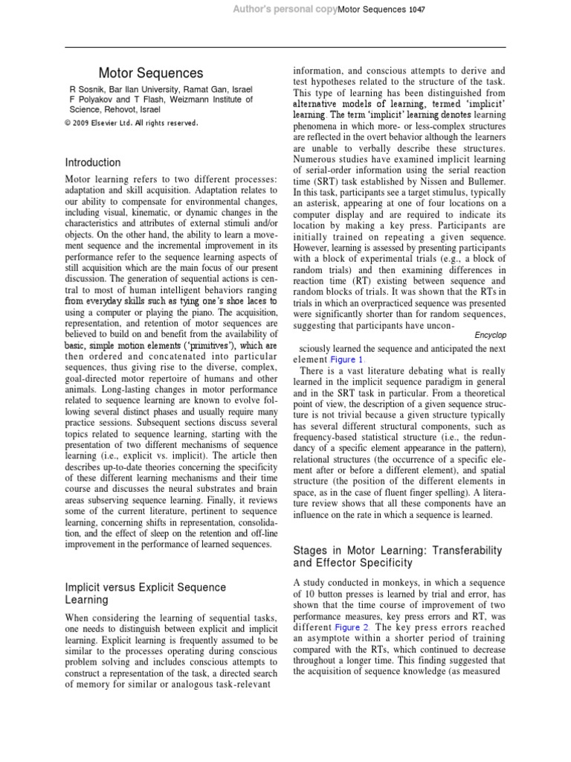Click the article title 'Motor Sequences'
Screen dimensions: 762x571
coord(151,73)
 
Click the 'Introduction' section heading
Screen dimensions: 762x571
coord(93,162)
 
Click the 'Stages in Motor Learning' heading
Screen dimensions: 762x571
coord(398,557)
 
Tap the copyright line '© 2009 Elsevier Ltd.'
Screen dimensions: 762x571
coord(132,123)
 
